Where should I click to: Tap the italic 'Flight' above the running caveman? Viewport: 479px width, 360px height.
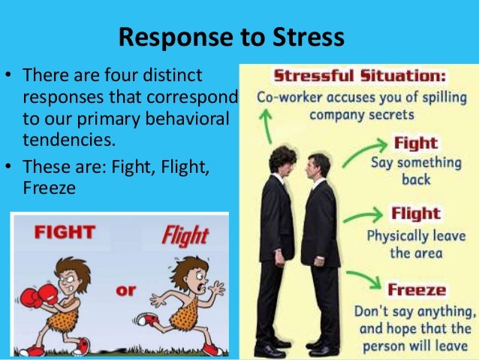pos(184,236)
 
